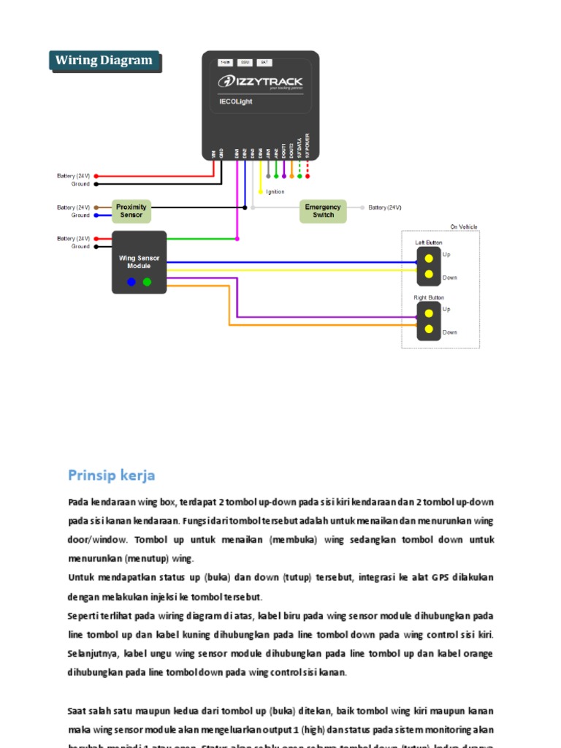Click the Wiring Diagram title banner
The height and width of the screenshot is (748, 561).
[104, 61]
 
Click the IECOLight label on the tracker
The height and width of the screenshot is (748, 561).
[236, 102]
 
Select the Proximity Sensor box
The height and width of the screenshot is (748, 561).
[131, 211]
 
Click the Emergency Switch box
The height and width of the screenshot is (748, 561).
[323, 211]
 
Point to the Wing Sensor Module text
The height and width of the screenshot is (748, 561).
[139, 262]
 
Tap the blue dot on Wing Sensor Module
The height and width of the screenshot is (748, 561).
[131, 282]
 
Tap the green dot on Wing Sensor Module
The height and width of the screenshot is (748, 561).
[147, 282]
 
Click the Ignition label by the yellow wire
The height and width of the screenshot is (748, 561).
[275, 191]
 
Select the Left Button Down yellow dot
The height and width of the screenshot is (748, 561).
[429, 275]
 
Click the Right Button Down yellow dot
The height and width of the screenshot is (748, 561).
[429, 330]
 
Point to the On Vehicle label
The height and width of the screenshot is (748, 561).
[462, 227]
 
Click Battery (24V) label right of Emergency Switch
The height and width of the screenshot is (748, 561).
[385, 208]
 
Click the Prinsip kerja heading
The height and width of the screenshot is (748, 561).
[112, 476]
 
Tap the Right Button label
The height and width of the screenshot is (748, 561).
[429, 298]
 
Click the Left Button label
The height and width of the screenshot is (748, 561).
[429, 243]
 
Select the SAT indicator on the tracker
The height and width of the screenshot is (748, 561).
[265, 62]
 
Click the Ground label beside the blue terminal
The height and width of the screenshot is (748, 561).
[80, 215]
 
